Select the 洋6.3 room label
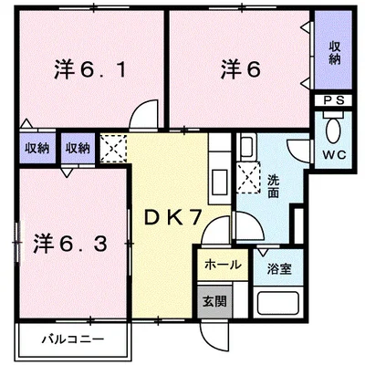72,244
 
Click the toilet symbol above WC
332,126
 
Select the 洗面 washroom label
274,187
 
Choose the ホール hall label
222,265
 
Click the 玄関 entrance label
211,299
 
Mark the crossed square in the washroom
249,176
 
